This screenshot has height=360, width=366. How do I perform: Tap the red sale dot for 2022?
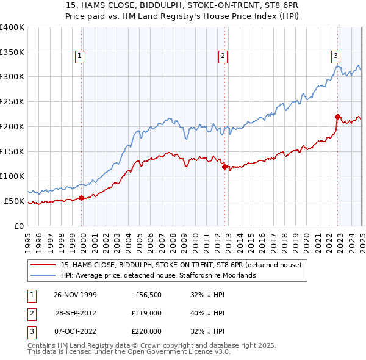point(337,116)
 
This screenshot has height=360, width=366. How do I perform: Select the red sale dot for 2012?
point(224,166)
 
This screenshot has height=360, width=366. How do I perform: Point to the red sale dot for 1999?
point(82,197)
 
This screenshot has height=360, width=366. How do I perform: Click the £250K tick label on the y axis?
point(12,101)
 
